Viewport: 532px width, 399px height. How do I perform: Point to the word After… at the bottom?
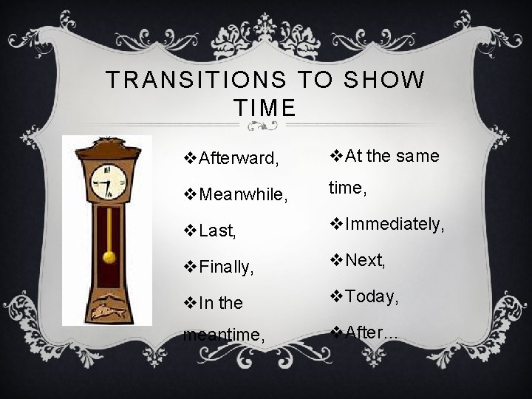[371, 332]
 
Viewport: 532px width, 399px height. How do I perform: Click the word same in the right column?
[416, 156]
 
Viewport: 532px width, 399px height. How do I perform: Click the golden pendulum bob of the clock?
[109, 256]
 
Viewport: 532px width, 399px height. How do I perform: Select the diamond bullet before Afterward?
[188, 158]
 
